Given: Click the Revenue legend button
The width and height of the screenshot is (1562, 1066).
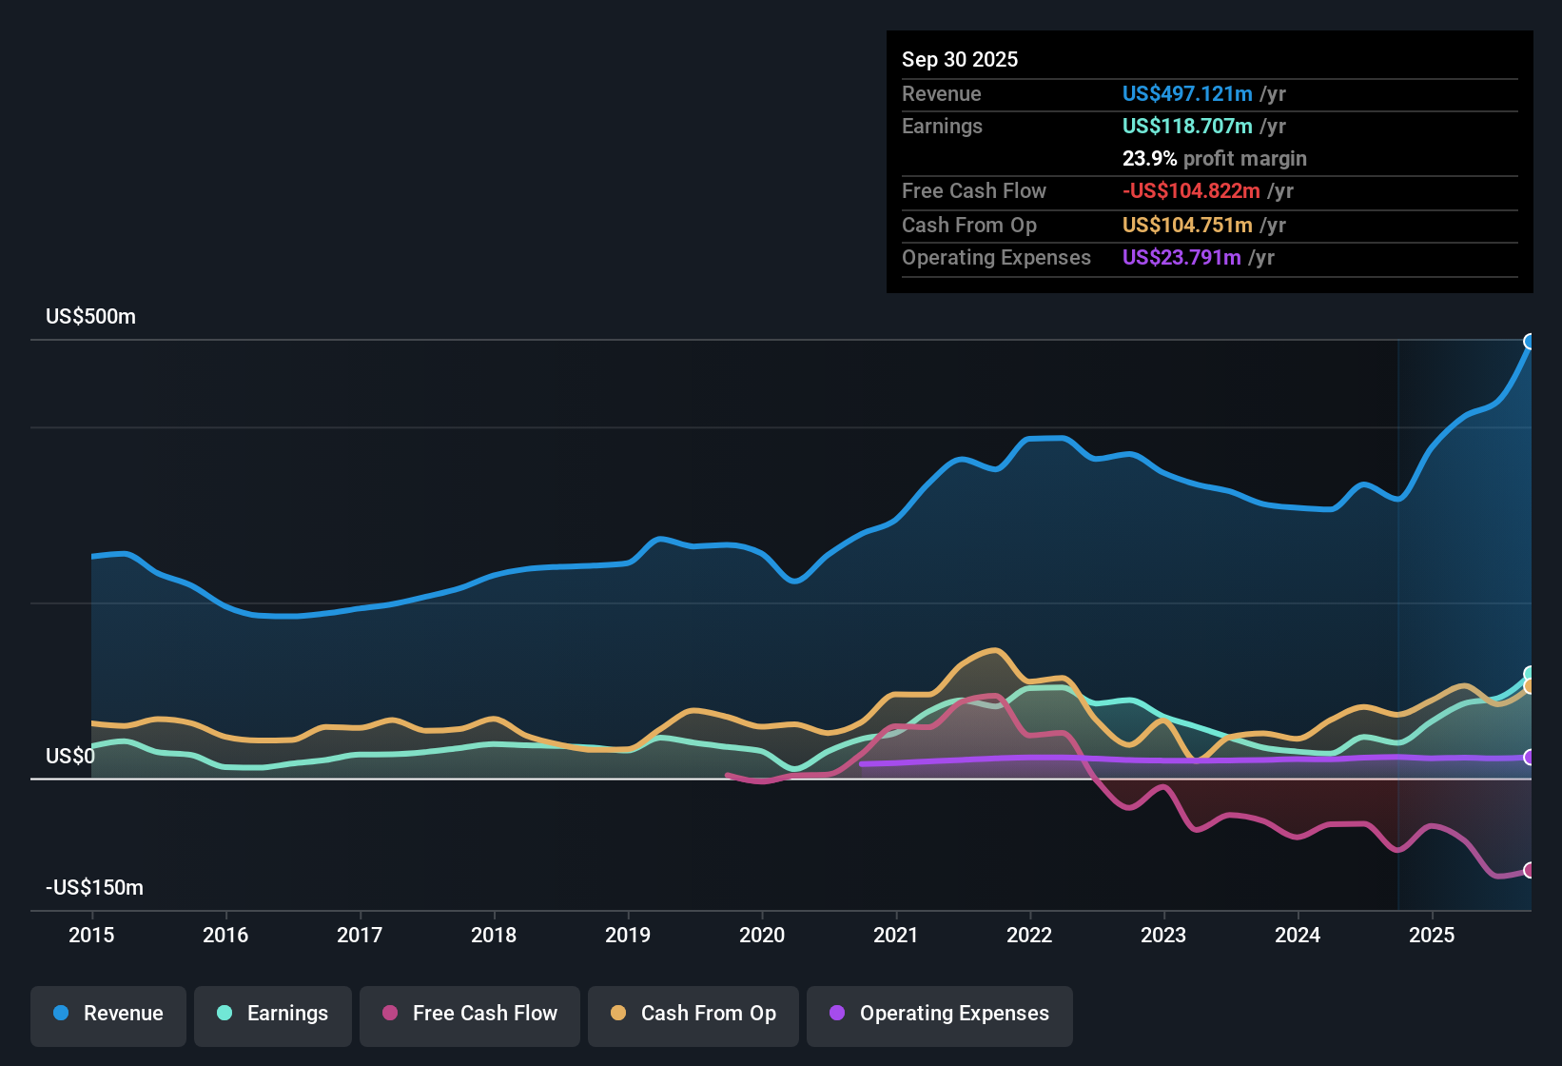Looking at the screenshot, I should point(108,1014).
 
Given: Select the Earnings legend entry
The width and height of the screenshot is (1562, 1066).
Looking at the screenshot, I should point(273,1014).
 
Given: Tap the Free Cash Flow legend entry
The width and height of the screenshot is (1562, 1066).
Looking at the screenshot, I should point(470,1014).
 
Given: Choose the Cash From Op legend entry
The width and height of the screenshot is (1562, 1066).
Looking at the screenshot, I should point(693,1014).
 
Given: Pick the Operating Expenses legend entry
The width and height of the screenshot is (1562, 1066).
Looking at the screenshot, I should point(940,1014).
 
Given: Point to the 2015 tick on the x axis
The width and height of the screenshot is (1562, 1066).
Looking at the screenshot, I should point(91,936).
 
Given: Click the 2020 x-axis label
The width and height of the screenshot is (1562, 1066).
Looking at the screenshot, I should point(762,936).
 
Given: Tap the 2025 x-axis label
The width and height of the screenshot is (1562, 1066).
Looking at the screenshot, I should point(1432,936).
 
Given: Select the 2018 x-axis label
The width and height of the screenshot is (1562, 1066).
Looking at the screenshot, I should point(494,936).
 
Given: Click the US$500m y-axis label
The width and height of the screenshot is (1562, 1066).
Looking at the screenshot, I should point(90,317).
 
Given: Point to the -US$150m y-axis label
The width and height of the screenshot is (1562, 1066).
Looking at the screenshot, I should point(94,888).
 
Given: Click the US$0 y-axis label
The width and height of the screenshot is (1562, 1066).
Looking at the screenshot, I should point(70,757).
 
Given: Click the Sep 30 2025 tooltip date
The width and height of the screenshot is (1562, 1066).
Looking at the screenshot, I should point(960,60).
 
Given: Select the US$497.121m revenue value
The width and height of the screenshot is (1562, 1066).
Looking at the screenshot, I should point(1187,94).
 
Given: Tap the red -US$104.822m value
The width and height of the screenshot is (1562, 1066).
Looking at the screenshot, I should point(1191,191).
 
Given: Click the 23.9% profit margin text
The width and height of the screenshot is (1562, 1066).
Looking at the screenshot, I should point(1214,159).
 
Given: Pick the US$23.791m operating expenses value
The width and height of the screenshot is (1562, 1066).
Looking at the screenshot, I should point(1181,258).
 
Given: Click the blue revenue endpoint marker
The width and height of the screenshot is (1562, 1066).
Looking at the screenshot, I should point(1530,342).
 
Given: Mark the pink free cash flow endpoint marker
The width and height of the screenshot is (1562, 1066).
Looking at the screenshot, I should point(1530,870).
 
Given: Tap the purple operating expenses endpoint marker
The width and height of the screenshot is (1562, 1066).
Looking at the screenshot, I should point(1530,758).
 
